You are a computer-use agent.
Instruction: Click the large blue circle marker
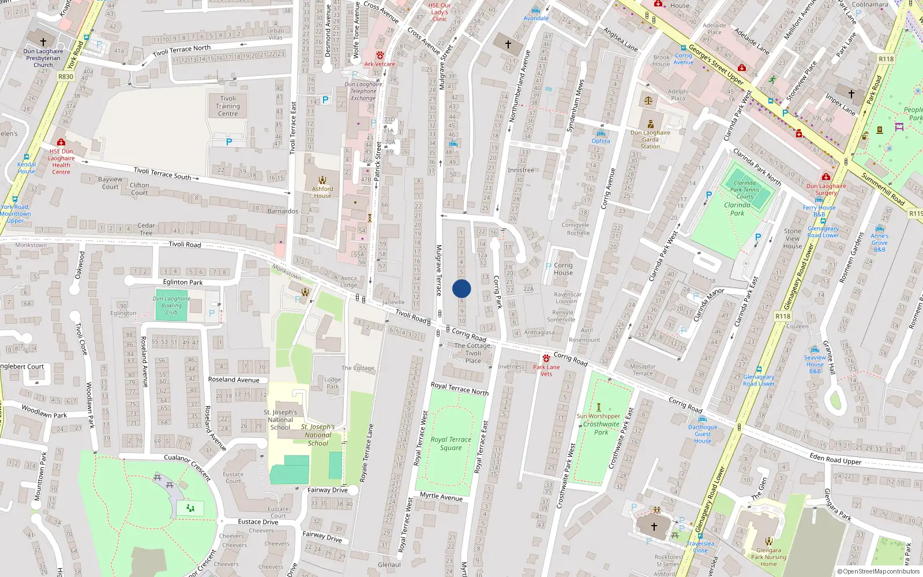[x=461, y=288]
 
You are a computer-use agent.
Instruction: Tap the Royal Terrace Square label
[x=451, y=443]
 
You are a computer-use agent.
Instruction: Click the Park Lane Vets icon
[x=546, y=358]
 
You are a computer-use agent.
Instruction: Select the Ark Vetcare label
[x=380, y=64]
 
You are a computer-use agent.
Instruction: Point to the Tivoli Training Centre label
[x=228, y=106]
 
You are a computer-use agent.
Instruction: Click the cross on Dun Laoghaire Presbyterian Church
[x=43, y=42]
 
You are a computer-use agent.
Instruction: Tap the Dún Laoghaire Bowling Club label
[x=171, y=305]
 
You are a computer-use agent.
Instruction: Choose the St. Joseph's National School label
[x=280, y=419]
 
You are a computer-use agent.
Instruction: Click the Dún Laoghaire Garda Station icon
[x=651, y=124]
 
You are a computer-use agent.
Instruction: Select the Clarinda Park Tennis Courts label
[x=745, y=189]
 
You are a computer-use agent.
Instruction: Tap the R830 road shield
[x=66, y=76]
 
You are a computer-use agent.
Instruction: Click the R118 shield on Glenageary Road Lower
[x=783, y=316]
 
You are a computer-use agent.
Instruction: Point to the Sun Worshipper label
[x=598, y=416]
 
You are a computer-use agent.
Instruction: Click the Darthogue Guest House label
[x=703, y=434]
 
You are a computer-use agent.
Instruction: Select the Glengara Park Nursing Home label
[x=768, y=557]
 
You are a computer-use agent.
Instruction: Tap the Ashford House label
[x=322, y=192]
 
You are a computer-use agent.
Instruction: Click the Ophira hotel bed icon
[x=601, y=133]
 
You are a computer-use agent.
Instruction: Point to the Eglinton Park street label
[x=183, y=282]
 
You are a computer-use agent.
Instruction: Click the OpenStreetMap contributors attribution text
[x=879, y=571]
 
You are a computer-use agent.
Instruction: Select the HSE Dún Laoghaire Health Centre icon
[x=61, y=142]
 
